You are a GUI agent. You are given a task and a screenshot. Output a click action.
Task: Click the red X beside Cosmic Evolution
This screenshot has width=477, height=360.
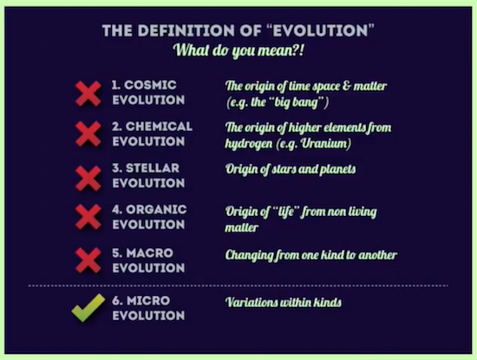pyautogui.click(x=88, y=94)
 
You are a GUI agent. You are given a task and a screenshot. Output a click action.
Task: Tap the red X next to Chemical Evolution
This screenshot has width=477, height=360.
pyautogui.click(x=88, y=134)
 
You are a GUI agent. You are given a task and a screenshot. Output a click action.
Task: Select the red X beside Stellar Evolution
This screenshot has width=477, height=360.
pyautogui.click(x=88, y=179)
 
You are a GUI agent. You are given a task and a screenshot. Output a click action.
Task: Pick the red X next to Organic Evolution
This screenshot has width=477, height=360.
pyautogui.click(x=88, y=217)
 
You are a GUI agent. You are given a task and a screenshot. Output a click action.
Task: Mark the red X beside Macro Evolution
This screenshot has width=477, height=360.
pyautogui.click(x=88, y=260)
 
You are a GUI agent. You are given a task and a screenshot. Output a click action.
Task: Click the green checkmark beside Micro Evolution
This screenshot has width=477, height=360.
pyautogui.click(x=88, y=308)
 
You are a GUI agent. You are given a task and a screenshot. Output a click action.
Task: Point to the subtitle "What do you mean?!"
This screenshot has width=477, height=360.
pyautogui.click(x=238, y=50)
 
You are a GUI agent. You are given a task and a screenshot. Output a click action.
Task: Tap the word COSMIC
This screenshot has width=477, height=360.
pyautogui.click(x=150, y=85)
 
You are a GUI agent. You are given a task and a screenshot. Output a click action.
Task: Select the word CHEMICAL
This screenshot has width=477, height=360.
pyautogui.click(x=159, y=127)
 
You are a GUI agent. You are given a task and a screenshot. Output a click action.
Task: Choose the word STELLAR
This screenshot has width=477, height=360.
pyautogui.click(x=153, y=168)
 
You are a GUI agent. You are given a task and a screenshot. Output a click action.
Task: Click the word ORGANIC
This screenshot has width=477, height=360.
pyautogui.click(x=156, y=210)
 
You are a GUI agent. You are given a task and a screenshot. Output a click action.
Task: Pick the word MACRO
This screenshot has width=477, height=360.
pyautogui.click(x=149, y=253)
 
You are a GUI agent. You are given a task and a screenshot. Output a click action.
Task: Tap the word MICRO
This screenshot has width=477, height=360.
pyautogui.click(x=148, y=301)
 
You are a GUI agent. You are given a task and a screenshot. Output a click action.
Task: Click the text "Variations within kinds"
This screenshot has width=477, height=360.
pyautogui.click(x=284, y=303)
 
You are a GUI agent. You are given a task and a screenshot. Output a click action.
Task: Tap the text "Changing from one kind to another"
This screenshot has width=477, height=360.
pyautogui.click(x=310, y=256)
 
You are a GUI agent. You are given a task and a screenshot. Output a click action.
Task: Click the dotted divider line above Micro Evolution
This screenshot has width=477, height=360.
pyautogui.click(x=238, y=285)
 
